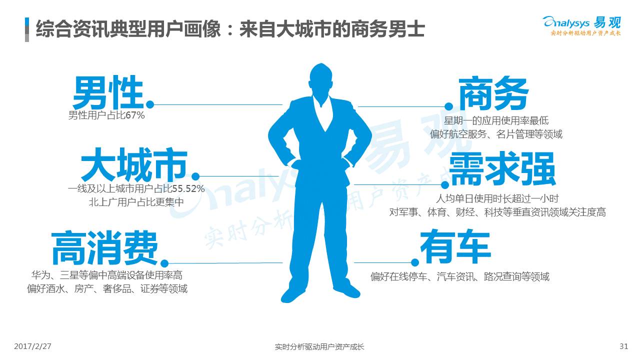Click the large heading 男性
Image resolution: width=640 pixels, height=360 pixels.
click(108, 93)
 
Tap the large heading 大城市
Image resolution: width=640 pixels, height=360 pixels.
click(134, 165)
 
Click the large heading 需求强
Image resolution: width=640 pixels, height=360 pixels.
click(502, 170)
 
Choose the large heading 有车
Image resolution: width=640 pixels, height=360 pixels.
click(455, 246)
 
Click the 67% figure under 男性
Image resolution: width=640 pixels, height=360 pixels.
click(135, 116)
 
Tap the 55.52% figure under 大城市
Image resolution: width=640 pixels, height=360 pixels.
click(188, 189)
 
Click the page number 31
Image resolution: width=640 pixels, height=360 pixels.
click(623, 346)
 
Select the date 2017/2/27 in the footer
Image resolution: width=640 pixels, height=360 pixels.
click(33, 346)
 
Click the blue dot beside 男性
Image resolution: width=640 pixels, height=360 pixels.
click(150, 104)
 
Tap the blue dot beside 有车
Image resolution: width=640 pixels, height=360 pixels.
click(414, 262)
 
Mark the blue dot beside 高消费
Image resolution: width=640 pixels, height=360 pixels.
click(164, 263)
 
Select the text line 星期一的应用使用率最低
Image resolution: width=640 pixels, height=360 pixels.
click(496, 120)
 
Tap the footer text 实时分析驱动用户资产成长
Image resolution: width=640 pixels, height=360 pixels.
click(319, 346)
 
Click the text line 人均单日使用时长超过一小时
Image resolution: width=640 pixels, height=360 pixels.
click(497, 198)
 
